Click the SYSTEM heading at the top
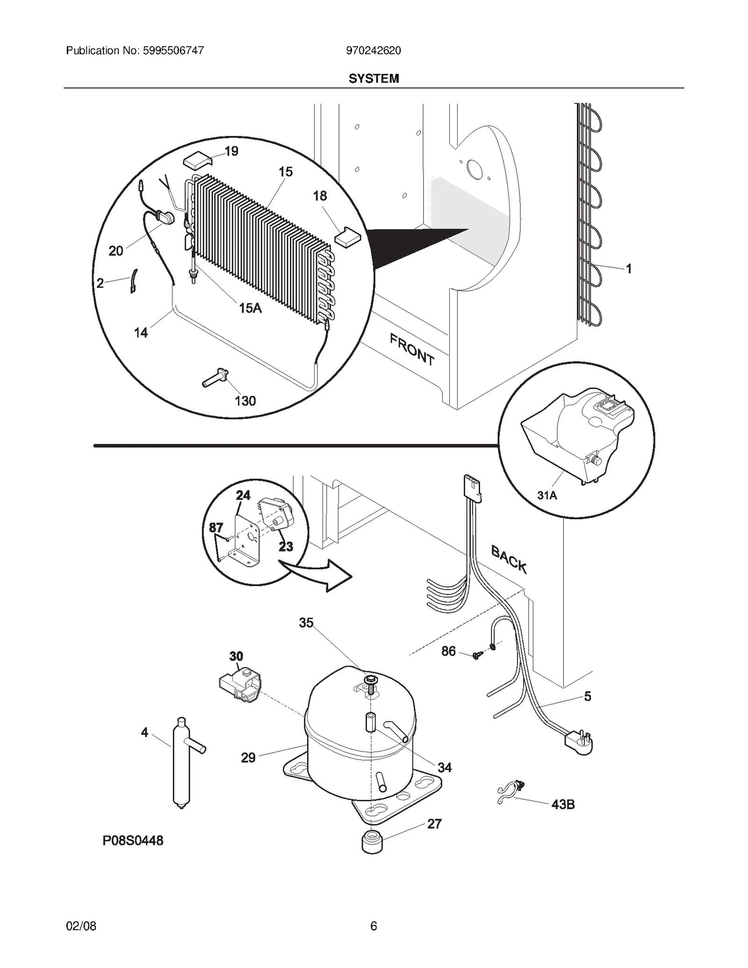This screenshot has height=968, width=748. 374,79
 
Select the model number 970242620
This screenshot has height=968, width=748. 373,50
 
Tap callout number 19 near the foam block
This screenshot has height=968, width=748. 231,151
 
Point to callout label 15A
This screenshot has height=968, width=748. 250,308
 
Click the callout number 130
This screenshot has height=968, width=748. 245,401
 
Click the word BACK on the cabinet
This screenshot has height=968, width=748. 509,559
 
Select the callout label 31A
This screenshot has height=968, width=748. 547,495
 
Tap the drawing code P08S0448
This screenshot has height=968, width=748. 133,841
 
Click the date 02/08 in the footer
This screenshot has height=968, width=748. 81,926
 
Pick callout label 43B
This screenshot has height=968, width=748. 563,804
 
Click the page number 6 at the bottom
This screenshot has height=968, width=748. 373,926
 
